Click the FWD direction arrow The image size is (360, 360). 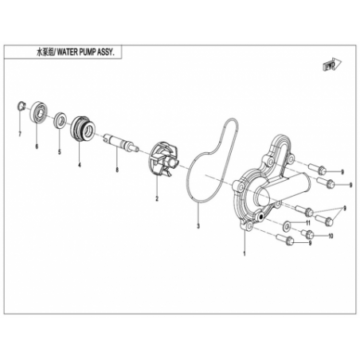(332, 65)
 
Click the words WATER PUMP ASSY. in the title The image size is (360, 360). (86, 53)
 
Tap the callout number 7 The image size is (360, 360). (20, 134)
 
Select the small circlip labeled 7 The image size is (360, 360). (21, 106)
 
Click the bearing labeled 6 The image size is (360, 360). (38, 112)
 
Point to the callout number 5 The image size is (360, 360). (60, 152)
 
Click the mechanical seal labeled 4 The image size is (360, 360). (82, 129)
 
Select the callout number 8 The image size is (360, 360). (117, 170)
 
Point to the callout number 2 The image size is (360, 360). (157, 198)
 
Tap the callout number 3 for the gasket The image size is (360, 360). (198, 226)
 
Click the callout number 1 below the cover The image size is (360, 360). (245, 253)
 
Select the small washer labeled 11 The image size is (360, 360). (287, 226)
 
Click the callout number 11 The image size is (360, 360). (308, 222)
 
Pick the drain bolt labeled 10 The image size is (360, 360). (307, 233)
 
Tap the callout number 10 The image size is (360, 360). (331, 236)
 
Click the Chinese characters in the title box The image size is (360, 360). (45, 53)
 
